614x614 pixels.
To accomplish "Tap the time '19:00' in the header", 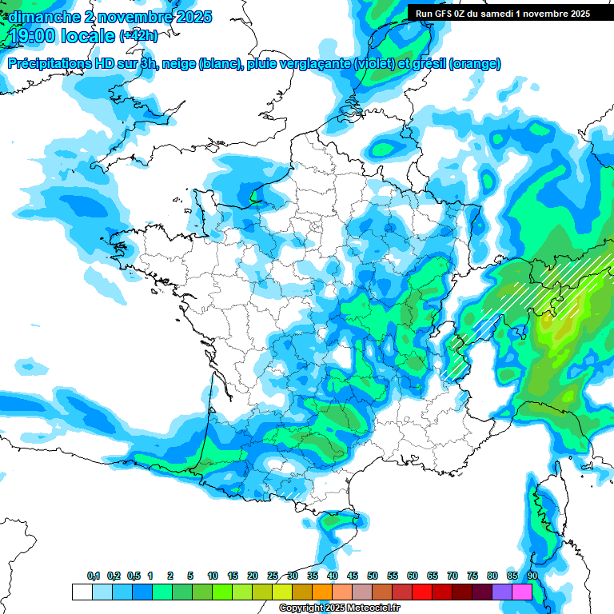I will [x=32, y=36].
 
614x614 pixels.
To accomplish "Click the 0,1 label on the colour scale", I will [x=94, y=576].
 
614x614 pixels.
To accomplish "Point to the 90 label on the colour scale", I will [x=532, y=576].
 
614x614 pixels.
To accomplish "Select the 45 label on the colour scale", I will [x=353, y=576].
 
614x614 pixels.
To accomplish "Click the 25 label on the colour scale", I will [x=273, y=576].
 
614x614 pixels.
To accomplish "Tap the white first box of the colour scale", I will [x=82, y=592].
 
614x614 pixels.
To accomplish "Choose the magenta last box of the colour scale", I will [x=522, y=592].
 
